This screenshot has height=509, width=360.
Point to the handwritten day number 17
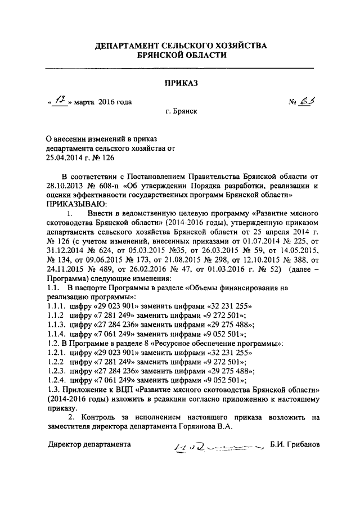[x=59, y=101]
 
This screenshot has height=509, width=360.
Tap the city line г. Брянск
[x=181, y=112]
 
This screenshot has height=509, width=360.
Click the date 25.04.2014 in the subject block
[x=65, y=158]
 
